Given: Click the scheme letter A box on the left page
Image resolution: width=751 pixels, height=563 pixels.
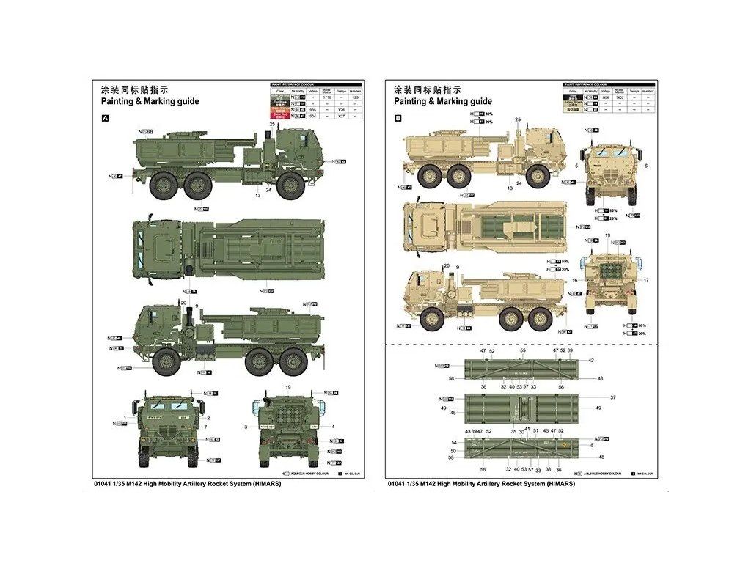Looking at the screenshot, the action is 104,117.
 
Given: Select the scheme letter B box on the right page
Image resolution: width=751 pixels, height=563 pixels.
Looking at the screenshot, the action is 398,117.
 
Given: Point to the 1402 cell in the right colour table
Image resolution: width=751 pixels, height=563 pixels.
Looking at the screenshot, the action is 620,97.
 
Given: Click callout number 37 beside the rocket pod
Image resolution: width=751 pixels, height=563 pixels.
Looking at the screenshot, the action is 613,397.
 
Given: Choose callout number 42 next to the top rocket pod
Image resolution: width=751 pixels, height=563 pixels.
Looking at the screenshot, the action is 590,360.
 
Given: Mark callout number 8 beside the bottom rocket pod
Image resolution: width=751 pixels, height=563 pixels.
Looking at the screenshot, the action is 590,444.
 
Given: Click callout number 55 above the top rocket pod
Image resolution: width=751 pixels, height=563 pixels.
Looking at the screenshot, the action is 522,351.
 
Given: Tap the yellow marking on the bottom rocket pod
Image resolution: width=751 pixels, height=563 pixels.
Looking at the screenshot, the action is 563,443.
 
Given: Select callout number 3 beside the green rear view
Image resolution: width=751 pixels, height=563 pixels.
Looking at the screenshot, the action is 246,427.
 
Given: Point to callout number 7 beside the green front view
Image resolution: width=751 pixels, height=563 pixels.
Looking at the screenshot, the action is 205,427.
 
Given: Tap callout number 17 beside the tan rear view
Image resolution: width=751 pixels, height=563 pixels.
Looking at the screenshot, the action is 647,280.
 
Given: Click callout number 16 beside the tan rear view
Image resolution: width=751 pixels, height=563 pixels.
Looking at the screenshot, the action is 576,280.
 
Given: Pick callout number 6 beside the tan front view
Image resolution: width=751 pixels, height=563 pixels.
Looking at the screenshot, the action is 647,166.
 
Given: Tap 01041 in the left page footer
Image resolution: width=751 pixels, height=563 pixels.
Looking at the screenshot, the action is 106,485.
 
